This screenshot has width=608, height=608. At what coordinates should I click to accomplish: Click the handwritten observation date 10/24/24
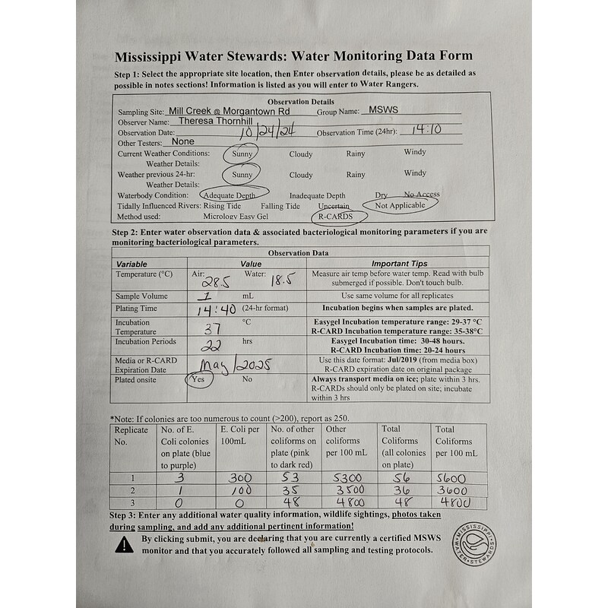265,131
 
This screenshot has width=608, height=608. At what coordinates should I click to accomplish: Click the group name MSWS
384,109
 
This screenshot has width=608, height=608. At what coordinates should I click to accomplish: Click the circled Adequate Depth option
228,195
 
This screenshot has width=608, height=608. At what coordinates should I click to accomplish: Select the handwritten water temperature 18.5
282,280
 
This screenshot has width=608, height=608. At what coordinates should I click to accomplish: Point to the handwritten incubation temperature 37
214,329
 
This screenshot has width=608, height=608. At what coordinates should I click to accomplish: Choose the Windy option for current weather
415,152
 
